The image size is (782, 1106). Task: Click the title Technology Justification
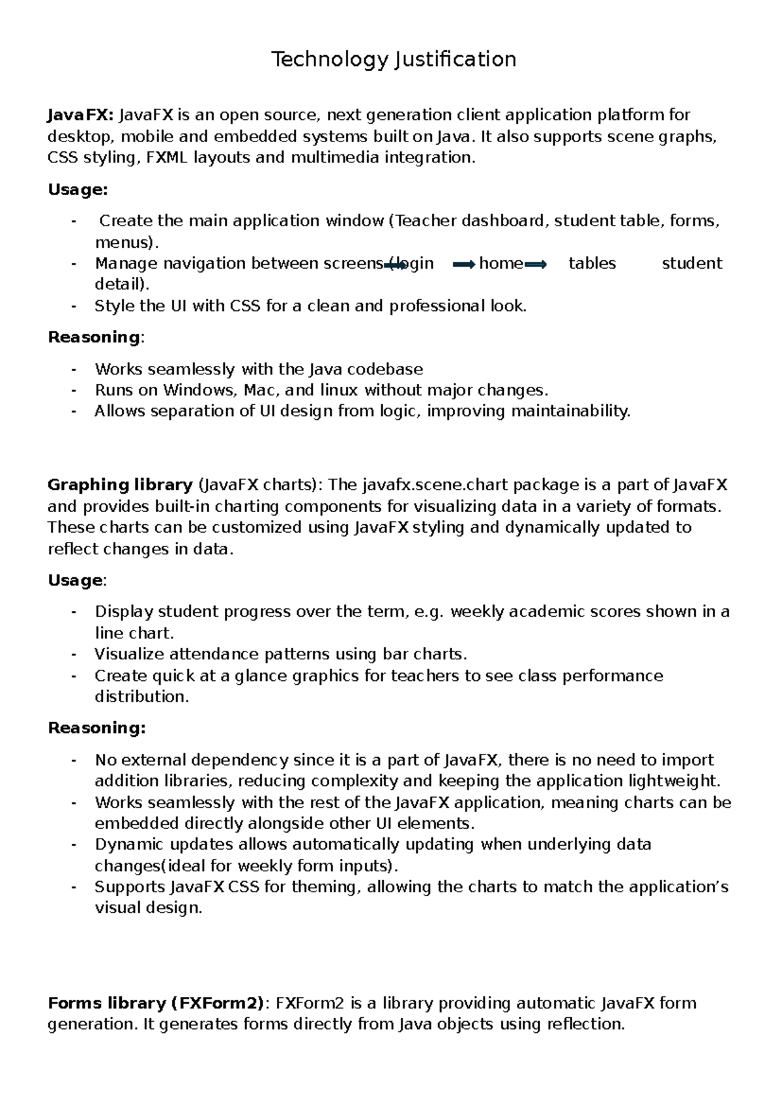click(394, 60)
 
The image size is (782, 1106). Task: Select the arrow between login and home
click(464, 264)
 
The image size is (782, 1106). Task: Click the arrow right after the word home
click(536, 264)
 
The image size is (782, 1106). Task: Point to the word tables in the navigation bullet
click(592, 263)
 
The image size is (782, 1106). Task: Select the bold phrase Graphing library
click(120, 485)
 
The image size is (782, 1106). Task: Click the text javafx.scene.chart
click(422, 485)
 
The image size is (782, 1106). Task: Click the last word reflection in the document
click(585, 1024)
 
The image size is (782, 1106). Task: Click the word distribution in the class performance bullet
click(141, 697)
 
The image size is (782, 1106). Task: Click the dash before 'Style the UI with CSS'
click(74, 306)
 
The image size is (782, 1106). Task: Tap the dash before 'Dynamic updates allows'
click(74, 844)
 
